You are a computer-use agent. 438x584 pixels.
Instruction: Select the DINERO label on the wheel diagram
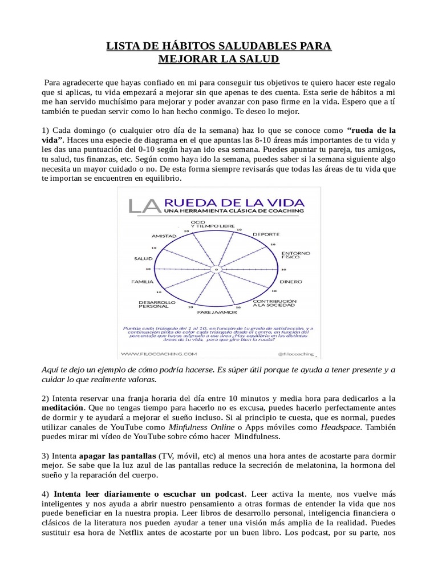tap(291, 282)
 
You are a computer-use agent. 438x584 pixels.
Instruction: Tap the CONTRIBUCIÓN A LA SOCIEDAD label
tap(274, 303)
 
